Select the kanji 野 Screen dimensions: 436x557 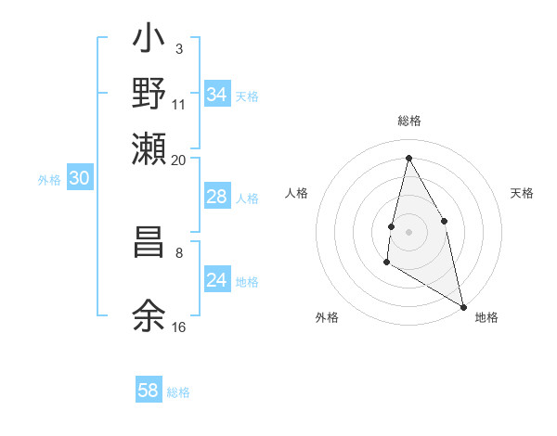[x=149, y=93]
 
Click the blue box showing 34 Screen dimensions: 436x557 [x=217, y=95]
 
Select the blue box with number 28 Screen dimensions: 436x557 [x=217, y=197]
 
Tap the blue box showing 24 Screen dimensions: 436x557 [x=217, y=280]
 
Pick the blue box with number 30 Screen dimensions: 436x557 [x=80, y=180]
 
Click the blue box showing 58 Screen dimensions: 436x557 [x=149, y=391]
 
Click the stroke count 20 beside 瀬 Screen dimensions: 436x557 [x=179, y=160]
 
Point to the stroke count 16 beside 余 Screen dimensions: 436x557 [x=179, y=327]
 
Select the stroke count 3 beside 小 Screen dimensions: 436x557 [x=179, y=48]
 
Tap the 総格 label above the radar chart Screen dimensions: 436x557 [x=409, y=121]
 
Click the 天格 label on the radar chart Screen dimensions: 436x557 [x=522, y=193]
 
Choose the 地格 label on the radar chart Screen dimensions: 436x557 [x=486, y=317]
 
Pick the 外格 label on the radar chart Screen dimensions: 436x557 [x=327, y=317]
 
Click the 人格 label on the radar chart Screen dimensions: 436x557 [x=297, y=193]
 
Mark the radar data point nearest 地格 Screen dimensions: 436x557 [x=464, y=307]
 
